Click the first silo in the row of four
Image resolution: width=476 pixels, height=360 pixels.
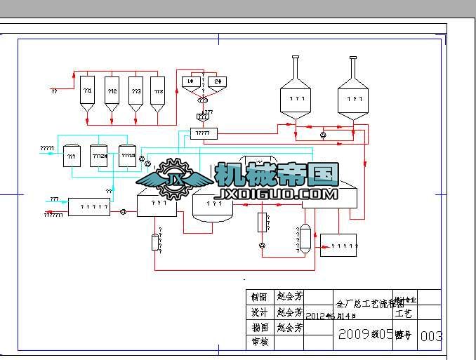pyautogui.click(x=88, y=95)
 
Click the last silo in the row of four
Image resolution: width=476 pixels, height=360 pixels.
pyautogui.click(x=158, y=95)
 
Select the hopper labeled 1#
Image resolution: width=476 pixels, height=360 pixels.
pyautogui.click(x=190, y=82)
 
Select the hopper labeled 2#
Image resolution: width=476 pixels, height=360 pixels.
pyautogui.click(x=218, y=82)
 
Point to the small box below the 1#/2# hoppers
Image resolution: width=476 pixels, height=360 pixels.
pyautogui.click(x=204, y=133)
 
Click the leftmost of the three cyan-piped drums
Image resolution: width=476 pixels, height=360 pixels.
pyautogui.click(x=72, y=155)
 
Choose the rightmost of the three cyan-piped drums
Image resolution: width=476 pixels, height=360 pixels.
pyautogui.click(x=127, y=155)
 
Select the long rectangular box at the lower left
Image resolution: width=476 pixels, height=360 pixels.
pyautogui.click(x=89, y=207)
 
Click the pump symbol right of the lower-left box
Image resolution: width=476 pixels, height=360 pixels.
pyautogui.click(x=123, y=211)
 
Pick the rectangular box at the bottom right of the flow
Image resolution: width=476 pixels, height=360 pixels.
pyautogui.click(x=338, y=245)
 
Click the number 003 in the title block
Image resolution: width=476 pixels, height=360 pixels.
pyautogui.click(x=431, y=336)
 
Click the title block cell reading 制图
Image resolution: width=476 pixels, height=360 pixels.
pyautogui.click(x=259, y=296)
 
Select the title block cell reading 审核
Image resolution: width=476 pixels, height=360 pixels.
pyautogui.click(x=259, y=342)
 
